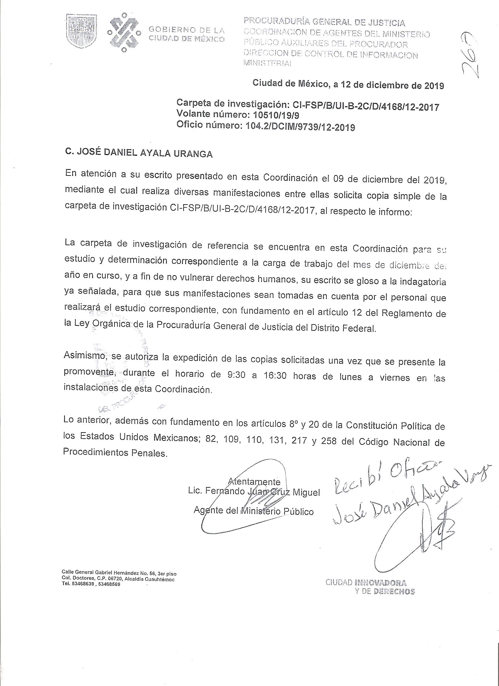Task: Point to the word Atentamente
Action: pos(254,481)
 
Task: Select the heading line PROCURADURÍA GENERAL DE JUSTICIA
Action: pos(324,22)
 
